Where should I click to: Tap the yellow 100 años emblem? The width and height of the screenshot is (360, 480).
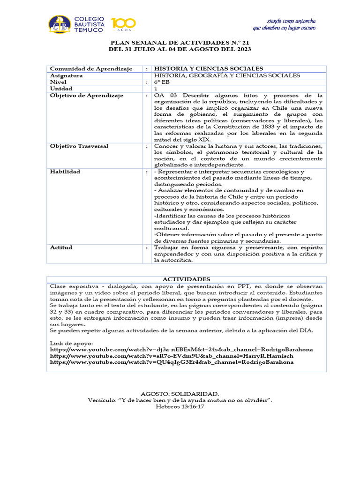click(123, 24)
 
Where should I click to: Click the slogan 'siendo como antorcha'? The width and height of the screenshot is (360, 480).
click(291, 21)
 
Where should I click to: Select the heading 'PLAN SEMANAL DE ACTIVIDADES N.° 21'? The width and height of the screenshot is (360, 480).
click(180, 42)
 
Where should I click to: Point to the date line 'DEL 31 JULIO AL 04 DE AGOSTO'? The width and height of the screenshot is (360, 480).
click(180, 49)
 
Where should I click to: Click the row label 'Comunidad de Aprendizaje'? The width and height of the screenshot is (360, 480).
click(91, 68)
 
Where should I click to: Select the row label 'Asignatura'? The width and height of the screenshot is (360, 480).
click(67, 75)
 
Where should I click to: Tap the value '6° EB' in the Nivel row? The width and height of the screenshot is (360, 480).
click(162, 82)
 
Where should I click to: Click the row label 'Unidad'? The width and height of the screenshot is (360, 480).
click(61, 89)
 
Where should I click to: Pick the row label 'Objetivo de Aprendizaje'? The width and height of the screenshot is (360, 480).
click(87, 95)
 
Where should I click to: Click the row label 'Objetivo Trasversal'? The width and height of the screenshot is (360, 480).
click(79, 146)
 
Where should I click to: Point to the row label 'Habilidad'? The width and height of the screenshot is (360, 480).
click(65, 172)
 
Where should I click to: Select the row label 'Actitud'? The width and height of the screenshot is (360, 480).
click(61, 247)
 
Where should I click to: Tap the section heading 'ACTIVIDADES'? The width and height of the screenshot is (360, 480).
click(187, 279)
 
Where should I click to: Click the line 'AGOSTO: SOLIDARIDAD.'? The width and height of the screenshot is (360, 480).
click(180, 394)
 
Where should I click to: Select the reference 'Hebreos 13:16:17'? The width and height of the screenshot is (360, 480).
click(180, 406)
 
